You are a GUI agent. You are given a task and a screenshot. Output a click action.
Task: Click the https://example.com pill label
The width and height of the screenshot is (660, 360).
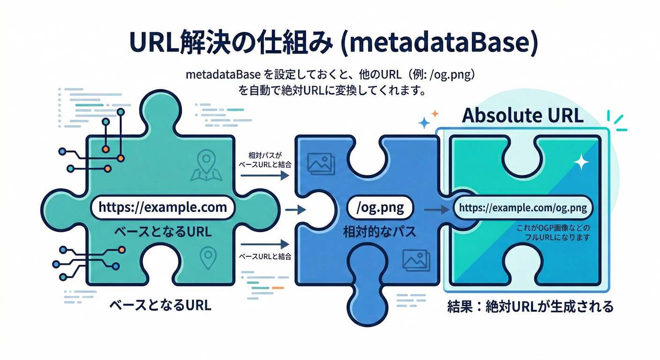(162, 207)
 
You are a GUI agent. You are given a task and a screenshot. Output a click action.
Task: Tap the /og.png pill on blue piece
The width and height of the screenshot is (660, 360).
(381, 208)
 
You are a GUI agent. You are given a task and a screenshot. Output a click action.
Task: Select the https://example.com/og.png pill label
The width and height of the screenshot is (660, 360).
(523, 208)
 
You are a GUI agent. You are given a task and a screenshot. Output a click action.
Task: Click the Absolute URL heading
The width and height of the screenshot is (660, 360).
(523, 115)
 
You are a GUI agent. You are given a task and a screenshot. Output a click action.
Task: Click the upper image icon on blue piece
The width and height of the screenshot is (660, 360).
(321, 163)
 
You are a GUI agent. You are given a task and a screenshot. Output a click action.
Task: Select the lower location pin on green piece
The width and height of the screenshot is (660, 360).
(208, 257)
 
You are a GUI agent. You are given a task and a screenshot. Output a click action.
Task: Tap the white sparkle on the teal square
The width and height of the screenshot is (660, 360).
(582, 162)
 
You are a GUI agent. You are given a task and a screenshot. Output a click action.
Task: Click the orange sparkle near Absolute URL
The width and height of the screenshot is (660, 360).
(435, 113)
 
